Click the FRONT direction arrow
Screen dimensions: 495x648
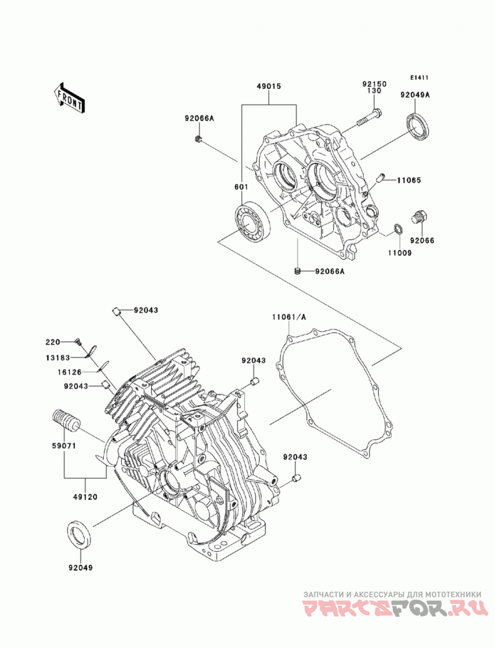(x=69, y=98)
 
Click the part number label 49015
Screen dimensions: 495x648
(x=269, y=87)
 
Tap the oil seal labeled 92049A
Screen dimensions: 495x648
(x=420, y=125)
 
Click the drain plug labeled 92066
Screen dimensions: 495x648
(x=420, y=218)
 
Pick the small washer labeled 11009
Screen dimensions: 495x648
(x=398, y=228)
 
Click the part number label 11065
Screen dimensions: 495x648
(x=409, y=180)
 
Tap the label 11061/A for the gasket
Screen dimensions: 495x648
(x=289, y=317)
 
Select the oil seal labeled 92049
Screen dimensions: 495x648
(x=79, y=536)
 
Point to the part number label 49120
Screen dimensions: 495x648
(x=85, y=497)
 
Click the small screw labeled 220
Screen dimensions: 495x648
(x=78, y=342)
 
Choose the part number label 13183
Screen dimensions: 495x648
(x=58, y=358)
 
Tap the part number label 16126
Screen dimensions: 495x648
(x=69, y=372)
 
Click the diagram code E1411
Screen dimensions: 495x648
(x=420, y=77)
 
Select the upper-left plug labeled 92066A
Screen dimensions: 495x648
(x=199, y=139)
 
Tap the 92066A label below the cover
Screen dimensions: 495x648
(x=329, y=272)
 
